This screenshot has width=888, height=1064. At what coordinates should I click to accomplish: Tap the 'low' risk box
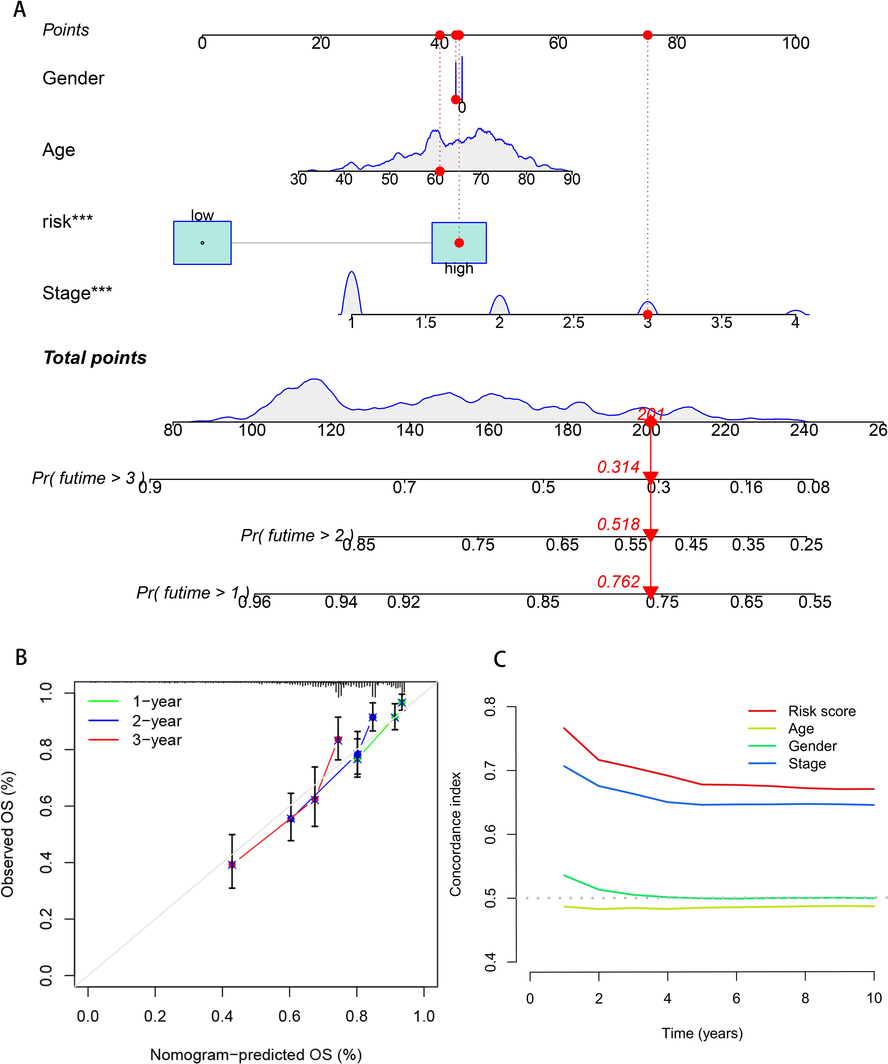(202, 243)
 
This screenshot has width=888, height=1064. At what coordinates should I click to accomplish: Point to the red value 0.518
(618, 524)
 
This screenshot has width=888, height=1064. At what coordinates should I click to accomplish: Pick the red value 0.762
(618, 582)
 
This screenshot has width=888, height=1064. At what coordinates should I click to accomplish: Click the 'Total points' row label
(95, 358)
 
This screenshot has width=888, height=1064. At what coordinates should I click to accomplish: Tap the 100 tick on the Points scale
(795, 43)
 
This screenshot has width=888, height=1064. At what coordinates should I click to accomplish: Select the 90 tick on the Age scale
(572, 179)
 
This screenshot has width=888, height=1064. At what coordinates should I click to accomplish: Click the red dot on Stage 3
(647, 315)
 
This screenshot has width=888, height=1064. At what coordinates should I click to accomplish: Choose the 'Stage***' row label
(77, 293)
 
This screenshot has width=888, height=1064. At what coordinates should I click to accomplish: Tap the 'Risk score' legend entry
(822, 711)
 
